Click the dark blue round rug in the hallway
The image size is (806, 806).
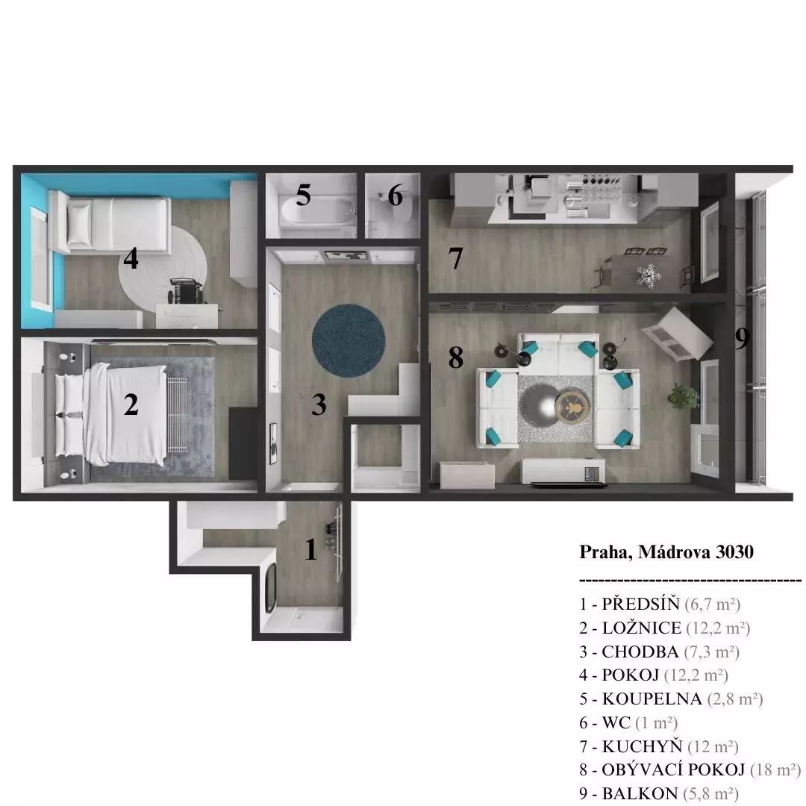349,341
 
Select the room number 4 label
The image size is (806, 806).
131,258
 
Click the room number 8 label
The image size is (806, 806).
455,357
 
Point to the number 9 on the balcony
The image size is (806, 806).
742,338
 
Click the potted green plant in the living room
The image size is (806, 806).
684,396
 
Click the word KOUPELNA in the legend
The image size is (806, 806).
652,699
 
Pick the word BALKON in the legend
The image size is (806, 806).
640,793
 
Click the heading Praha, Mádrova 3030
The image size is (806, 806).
666,552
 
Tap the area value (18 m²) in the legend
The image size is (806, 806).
775,770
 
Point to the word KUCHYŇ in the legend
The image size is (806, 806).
642,746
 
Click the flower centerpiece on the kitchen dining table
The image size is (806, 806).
649,275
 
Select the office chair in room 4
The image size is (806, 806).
186,291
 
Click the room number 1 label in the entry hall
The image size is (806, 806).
310,549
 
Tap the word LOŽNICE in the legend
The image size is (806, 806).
642,628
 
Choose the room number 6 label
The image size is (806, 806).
395,196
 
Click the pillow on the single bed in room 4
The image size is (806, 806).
79,222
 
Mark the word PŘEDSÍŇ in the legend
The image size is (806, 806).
640,604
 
